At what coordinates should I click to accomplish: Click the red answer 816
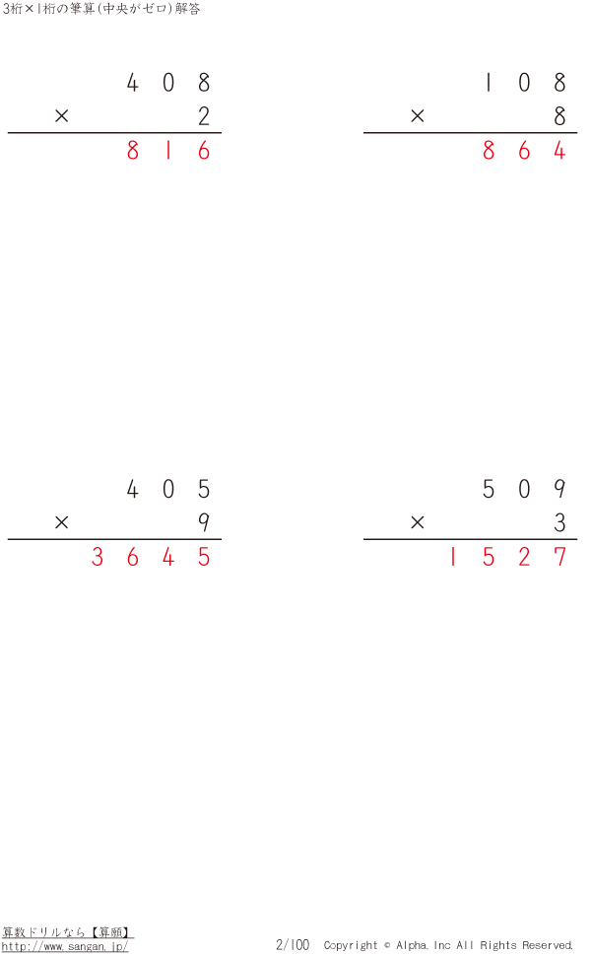[x=168, y=150]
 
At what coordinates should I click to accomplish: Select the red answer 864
[x=524, y=150]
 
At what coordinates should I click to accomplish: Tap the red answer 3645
[x=151, y=557]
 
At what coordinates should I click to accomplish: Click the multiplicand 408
[x=168, y=82]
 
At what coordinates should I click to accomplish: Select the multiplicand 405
[x=168, y=489]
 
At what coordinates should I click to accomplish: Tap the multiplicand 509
[x=524, y=489]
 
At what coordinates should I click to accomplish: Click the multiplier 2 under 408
[x=204, y=115]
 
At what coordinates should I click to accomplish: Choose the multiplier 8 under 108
[x=560, y=115]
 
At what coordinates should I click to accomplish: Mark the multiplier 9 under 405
[x=204, y=522]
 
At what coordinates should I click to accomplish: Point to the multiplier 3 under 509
[x=560, y=522]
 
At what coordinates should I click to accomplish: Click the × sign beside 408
[x=61, y=115]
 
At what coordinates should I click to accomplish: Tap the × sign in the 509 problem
[x=417, y=522]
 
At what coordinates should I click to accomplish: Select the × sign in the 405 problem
[x=61, y=522]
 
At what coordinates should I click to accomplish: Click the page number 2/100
[x=293, y=945]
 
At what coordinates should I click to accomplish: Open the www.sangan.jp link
[x=65, y=947]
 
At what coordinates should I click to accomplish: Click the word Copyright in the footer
[x=351, y=945]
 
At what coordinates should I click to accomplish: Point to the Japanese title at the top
[x=101, y=9]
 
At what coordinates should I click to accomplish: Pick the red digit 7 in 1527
[x=560, y=557]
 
